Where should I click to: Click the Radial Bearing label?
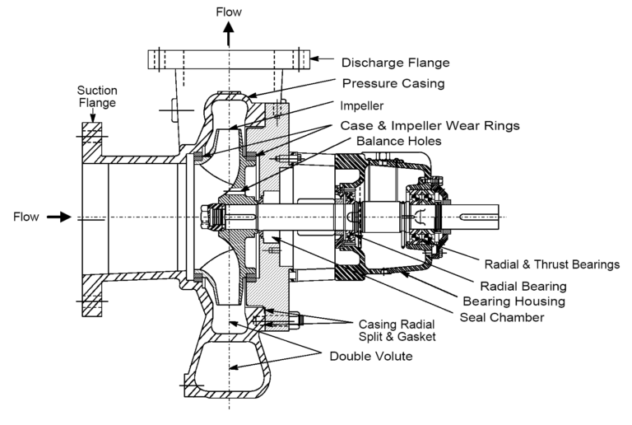coord(527,287)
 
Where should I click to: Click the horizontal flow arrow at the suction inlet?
coord(58,217)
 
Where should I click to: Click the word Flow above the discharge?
coord(230,12)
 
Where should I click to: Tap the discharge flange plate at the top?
coord(229,59)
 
